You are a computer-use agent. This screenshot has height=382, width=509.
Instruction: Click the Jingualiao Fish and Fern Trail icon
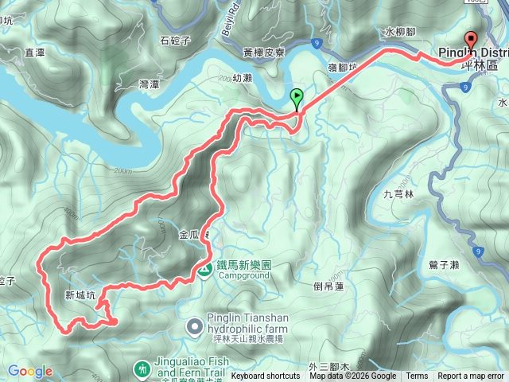point(142,369)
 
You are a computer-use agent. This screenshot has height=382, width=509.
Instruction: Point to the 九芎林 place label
point(399,193)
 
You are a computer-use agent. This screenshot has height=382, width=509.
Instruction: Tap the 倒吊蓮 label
point(328,286)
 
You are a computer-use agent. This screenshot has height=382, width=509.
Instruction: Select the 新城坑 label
point(80,294)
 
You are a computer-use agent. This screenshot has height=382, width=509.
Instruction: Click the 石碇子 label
point(176,40)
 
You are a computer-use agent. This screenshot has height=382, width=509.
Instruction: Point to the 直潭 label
point(34,53)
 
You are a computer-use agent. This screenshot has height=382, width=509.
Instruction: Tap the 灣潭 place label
point(149,84)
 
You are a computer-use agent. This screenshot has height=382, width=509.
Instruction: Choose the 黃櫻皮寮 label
point(263,52)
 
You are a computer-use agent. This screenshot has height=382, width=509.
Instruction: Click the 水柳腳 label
point(399,33)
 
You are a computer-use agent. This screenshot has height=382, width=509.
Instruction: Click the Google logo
point(29,371)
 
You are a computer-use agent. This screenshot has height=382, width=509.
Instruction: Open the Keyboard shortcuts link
point(266,376)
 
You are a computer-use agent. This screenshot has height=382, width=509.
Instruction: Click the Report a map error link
point(470,376)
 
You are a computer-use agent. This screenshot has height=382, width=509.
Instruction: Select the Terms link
point(417,376)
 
